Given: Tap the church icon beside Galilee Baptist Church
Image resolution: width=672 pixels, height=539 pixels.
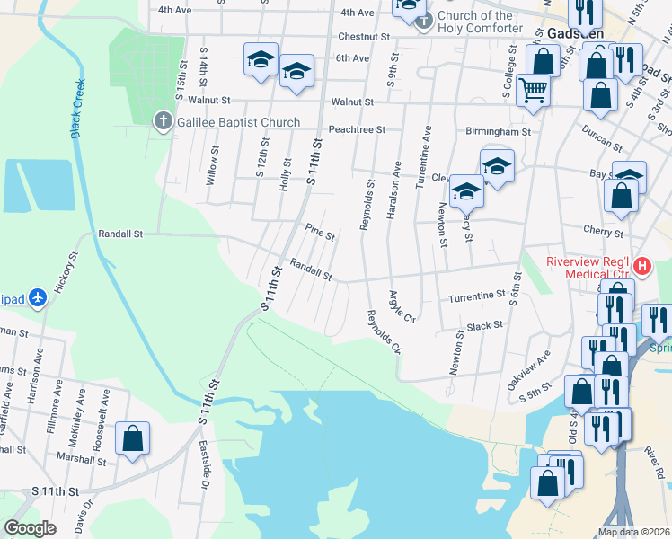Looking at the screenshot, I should tap(163, 121).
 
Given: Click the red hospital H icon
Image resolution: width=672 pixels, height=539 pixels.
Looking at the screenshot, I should tap(642, 266).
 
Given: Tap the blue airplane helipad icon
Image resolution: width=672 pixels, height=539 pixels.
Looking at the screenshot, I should tap(37, 296).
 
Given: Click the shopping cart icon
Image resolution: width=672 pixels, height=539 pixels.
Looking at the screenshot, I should tap(534, 90).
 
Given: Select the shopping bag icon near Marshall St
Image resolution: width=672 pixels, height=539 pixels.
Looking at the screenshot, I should tap(133, 439).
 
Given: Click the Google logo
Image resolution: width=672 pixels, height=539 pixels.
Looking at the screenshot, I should tap(30, 527).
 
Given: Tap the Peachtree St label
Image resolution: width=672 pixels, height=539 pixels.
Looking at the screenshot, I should tap(357, 129).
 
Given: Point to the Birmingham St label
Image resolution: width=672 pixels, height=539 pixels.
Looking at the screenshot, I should tap(498, 131).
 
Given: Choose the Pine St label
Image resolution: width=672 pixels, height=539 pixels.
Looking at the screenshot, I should tap(319, 233).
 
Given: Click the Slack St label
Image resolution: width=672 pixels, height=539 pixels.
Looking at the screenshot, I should tap(484, 325).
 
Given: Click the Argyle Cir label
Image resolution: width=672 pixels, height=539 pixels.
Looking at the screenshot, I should tap(402, 306).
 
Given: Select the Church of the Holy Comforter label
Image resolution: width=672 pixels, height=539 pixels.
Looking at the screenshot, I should tap(480, 22).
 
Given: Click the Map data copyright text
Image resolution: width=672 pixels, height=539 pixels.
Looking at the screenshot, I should tap(633, 532).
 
